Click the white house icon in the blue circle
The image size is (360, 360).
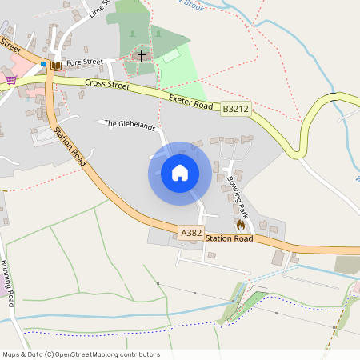tap(179, 173)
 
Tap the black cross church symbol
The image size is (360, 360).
tap(142, 56)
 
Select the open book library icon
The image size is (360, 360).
tap(56, 66)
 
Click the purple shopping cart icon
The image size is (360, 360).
tap(10, 79)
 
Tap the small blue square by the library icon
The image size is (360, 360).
tap(43, 62)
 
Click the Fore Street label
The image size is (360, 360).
tap(85, 62)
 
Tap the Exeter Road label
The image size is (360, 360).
tap(190, 102)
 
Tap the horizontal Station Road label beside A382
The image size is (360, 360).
tap(229, 238)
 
